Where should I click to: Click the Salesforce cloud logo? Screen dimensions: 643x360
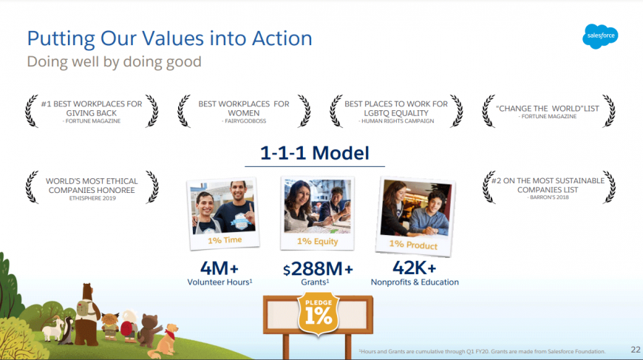[x=600, y=36]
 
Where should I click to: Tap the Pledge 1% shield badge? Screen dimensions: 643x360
[x=319, y=313]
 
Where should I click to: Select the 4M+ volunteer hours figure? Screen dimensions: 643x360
[x=219, y=268]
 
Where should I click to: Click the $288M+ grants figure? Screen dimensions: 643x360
[x=318, y=269]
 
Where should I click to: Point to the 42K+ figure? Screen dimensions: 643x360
[x=414, y=268]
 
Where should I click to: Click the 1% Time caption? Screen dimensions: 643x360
[x=225, y=240]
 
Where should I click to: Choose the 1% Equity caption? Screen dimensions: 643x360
[x=317, y=242]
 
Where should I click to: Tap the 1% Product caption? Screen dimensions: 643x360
[x=413, y=245]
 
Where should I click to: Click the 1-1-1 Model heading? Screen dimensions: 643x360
[x=315, y=153]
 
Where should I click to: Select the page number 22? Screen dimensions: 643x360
[x=635, y=350]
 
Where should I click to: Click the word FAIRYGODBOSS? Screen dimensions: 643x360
[x=245, y=121]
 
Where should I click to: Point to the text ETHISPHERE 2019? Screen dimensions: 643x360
[x=92, y=198]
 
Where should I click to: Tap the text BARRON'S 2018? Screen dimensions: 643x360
[x=549, y=197]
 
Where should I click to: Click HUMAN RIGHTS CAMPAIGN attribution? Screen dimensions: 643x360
[x=398, y=121]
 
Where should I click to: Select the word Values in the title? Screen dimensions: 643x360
[x=173, y=38]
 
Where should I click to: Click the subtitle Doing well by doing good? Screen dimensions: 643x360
[x=114, y=62]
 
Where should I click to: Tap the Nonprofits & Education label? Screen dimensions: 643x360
[x=415, y=282]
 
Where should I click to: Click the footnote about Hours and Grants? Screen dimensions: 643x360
[x=482, y=351]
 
